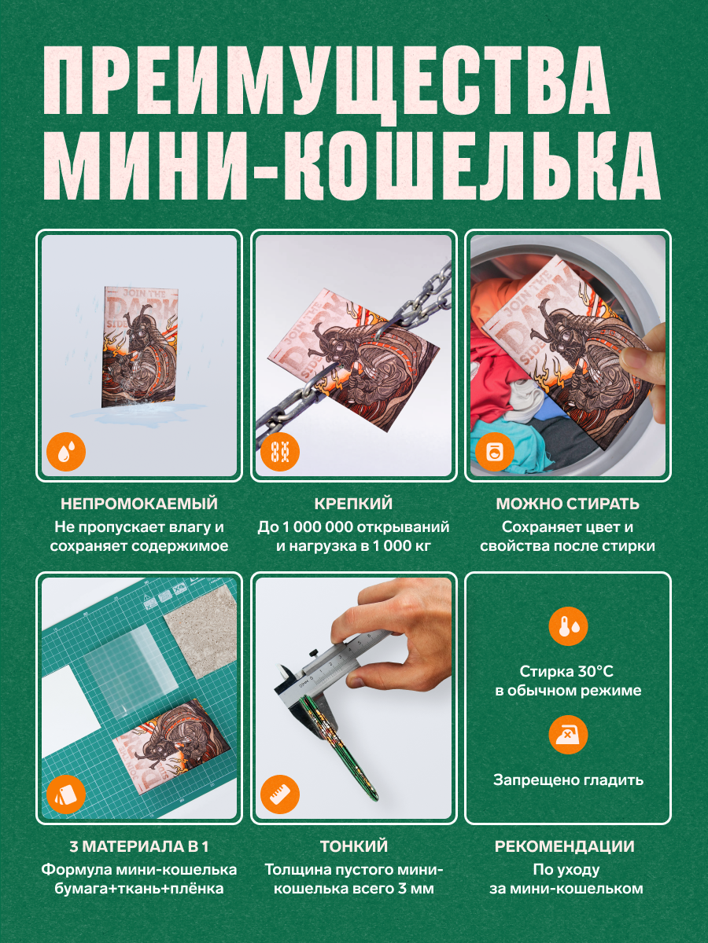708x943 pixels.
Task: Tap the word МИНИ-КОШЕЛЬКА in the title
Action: [351, 166]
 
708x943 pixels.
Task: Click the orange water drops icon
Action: [66, 452]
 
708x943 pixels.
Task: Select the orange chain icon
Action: [280, 452]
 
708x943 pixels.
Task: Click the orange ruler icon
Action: [280, 795]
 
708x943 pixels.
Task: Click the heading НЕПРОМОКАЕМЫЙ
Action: [139, 504]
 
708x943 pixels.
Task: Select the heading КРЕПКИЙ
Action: [353, 504]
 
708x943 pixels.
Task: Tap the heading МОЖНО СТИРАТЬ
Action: [567, 504]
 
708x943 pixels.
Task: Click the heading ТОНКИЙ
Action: [353, 846]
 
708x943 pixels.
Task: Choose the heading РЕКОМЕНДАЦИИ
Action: [564, 846]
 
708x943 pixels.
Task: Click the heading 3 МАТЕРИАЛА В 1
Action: [139, 846]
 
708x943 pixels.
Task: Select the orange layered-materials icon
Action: [66, 795]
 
